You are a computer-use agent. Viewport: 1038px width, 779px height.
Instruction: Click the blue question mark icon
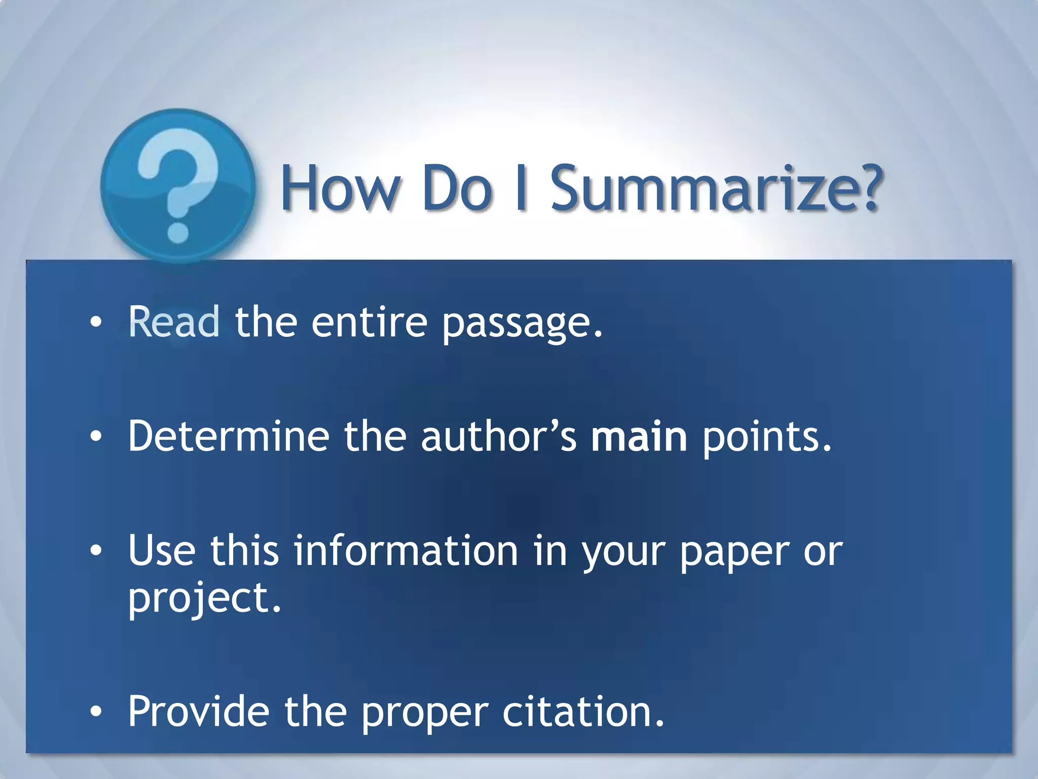(178, 186)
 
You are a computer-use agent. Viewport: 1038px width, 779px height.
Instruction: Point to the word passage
(522, 325)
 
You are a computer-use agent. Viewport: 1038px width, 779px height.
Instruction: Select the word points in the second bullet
(767, 437)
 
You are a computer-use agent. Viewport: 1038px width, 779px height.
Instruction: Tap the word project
(204, 599)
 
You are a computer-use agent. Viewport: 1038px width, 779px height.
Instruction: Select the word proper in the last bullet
(425, 714)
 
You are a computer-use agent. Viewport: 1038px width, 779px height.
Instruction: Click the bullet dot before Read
(96, 323)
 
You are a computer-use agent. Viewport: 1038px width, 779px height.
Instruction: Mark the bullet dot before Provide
(96, 712)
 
